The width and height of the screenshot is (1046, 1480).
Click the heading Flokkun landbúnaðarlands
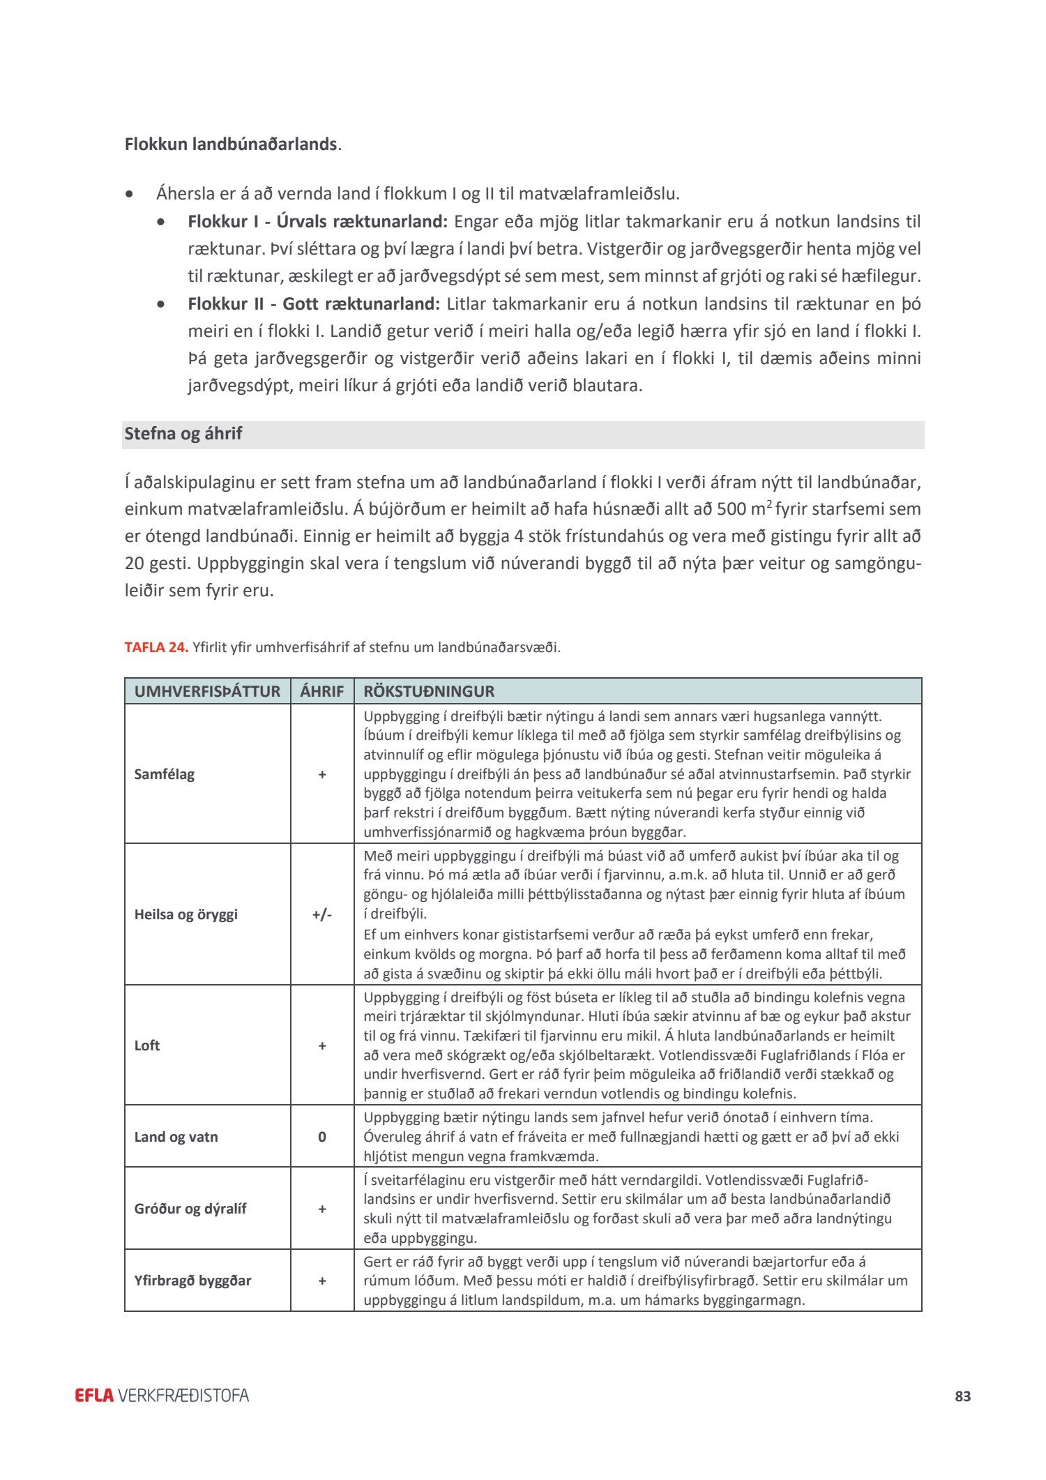click(x=231, y=144)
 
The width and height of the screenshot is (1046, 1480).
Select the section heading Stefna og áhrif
click(x=183, y=434)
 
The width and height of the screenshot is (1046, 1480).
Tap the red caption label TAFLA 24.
click(x=156, y=647)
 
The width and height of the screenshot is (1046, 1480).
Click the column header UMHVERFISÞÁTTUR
click(x=207, y=691)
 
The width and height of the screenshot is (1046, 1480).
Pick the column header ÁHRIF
click(x=321, y=691)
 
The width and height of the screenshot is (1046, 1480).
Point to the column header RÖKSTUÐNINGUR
click(x=429, y=691)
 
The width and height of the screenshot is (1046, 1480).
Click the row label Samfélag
click(x=165, y=774)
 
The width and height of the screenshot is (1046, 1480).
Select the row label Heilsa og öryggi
click(x=185, y=914)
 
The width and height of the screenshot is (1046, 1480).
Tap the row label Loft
click(x=147, y=1045)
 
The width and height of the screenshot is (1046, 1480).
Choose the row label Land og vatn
click(x=176, y=1137)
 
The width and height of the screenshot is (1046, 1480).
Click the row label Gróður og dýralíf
click(x=190, y=1209)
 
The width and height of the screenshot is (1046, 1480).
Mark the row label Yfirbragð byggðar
click(x=192, y=1281)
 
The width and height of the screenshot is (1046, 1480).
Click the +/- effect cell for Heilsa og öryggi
click(x=321, y=914)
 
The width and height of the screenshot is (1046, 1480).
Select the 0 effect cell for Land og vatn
click(x=321, y=1137)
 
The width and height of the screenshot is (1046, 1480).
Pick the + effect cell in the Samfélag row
click(x=321, y=774)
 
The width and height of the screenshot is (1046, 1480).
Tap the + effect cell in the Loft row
click(x=321, y=1045)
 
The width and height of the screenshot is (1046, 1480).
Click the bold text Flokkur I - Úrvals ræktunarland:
click(x=317, y=222)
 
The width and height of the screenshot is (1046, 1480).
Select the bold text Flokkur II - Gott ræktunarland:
click(x=314, y=304)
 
